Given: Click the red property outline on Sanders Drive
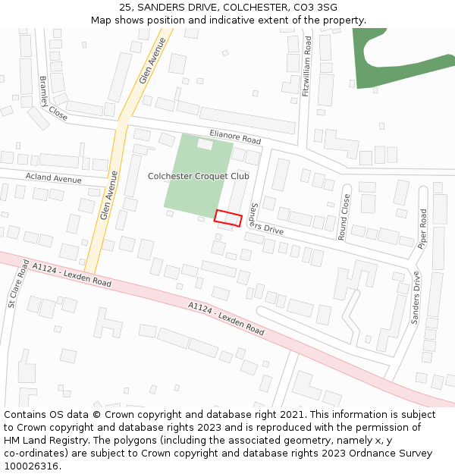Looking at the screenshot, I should pyautogui.click(x=227, y=218).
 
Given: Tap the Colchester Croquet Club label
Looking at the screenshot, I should pyautogui.click(x=198, y=176).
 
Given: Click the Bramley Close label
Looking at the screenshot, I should pyautogui.click(x=53, y=99).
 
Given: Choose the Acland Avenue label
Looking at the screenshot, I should pyautogui.click(x=53, y=179).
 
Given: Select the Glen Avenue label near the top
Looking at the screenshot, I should pyautogui.click(x=152, y=61).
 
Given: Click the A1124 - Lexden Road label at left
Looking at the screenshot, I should pyautogui.click(x=71, y=274).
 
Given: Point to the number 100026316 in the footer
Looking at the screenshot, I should pyautogui.click(x=31, y=466).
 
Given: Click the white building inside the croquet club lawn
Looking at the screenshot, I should pyautogui.click(x=205, y=143).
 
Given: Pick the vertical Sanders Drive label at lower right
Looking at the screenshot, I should pyautogui.click(x=416, y=298).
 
